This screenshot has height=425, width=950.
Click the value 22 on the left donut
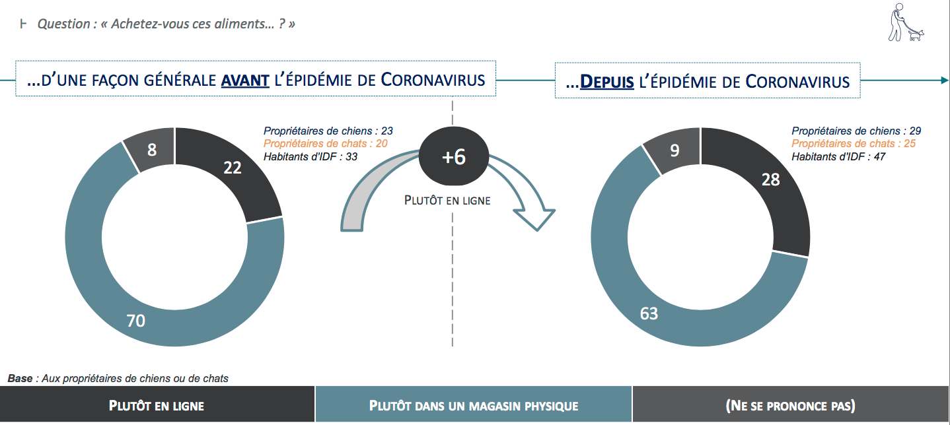(233, 168)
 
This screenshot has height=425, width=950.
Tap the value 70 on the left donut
(135, 321)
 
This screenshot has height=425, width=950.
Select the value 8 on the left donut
(152, 150)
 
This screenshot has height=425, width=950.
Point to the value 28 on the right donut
(770, 180)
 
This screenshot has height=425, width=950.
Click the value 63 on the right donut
(649, 313)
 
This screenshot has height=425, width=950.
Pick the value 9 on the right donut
(675, 150)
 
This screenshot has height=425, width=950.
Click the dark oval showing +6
(454, 156)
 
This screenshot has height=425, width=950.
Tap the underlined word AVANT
(245, 80)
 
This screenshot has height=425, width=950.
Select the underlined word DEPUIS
(607, 82)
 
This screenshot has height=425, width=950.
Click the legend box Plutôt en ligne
(157, 405)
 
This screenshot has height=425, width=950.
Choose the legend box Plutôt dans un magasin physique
(473, 405)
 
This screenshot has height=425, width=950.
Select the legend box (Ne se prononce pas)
(791, 405)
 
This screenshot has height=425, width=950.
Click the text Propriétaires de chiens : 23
(328, 131)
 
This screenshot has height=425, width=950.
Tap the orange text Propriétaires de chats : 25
(854, 144)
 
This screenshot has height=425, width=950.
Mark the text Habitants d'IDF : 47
(838, 157)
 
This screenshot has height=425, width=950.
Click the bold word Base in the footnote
(20, 378)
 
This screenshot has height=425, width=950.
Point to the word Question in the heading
(63, 24)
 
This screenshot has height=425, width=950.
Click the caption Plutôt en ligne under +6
(447, 200)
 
